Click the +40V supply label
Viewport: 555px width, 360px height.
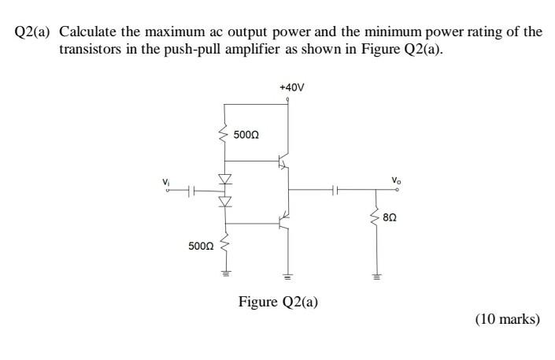291,87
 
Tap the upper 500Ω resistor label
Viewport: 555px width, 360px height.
246,135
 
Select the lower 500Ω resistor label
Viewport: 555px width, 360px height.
201,246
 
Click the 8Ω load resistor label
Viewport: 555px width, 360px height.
391,215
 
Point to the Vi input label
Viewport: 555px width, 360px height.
166,182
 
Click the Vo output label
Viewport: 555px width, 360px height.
398,180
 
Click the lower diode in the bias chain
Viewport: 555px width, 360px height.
224,202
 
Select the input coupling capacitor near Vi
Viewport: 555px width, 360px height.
194,190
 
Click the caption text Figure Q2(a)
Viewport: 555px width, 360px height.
278,301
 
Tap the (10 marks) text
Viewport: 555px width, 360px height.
507,319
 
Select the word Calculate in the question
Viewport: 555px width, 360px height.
88,32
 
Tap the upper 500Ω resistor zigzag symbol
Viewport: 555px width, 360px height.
224,135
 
